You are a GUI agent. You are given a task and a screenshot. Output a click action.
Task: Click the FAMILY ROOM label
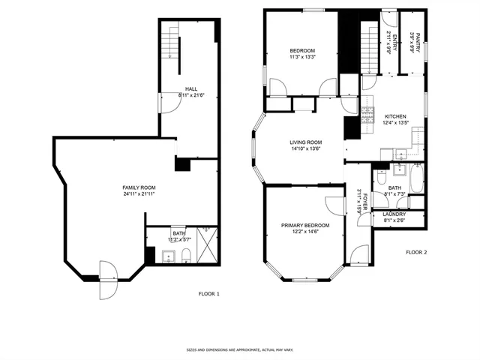[x=139, y=187]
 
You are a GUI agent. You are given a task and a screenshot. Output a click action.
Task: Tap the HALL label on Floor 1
[x=192, y=89]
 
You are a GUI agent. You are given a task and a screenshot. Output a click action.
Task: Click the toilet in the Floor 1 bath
[x=184, y=258]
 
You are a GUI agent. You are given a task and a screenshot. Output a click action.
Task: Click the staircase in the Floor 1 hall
[x=172, y=45]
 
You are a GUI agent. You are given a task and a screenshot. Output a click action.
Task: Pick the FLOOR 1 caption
[x=208, y=293]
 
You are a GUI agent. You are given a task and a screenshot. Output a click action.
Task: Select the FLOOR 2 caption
[x=415, y=253]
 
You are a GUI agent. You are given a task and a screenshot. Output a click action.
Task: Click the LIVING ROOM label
[x=306, y=142]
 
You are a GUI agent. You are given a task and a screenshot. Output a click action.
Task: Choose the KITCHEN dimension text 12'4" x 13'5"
[x=396, y=123]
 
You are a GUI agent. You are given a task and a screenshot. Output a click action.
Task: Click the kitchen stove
[x=368, y=115]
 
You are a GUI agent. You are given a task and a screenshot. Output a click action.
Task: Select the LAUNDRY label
[x=395, y=214]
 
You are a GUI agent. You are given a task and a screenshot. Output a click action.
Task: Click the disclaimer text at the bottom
[x=239, y=350]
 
